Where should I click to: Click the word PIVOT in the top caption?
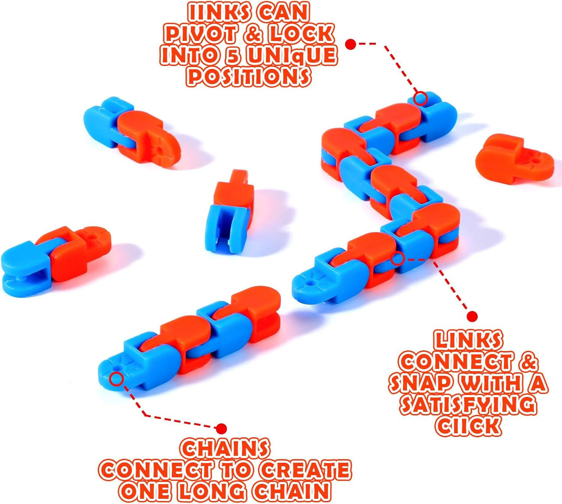point(199,34)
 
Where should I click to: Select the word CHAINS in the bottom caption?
point(225,449)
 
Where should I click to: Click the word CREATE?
point(305,470)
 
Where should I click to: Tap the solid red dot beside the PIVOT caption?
point(351,44)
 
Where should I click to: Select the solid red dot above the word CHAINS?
point(221,429)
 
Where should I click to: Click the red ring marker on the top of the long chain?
point(420,98)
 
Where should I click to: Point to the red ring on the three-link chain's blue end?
point(117,378)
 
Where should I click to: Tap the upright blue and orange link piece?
point(231,212)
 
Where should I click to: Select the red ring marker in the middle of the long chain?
point(397,258)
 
